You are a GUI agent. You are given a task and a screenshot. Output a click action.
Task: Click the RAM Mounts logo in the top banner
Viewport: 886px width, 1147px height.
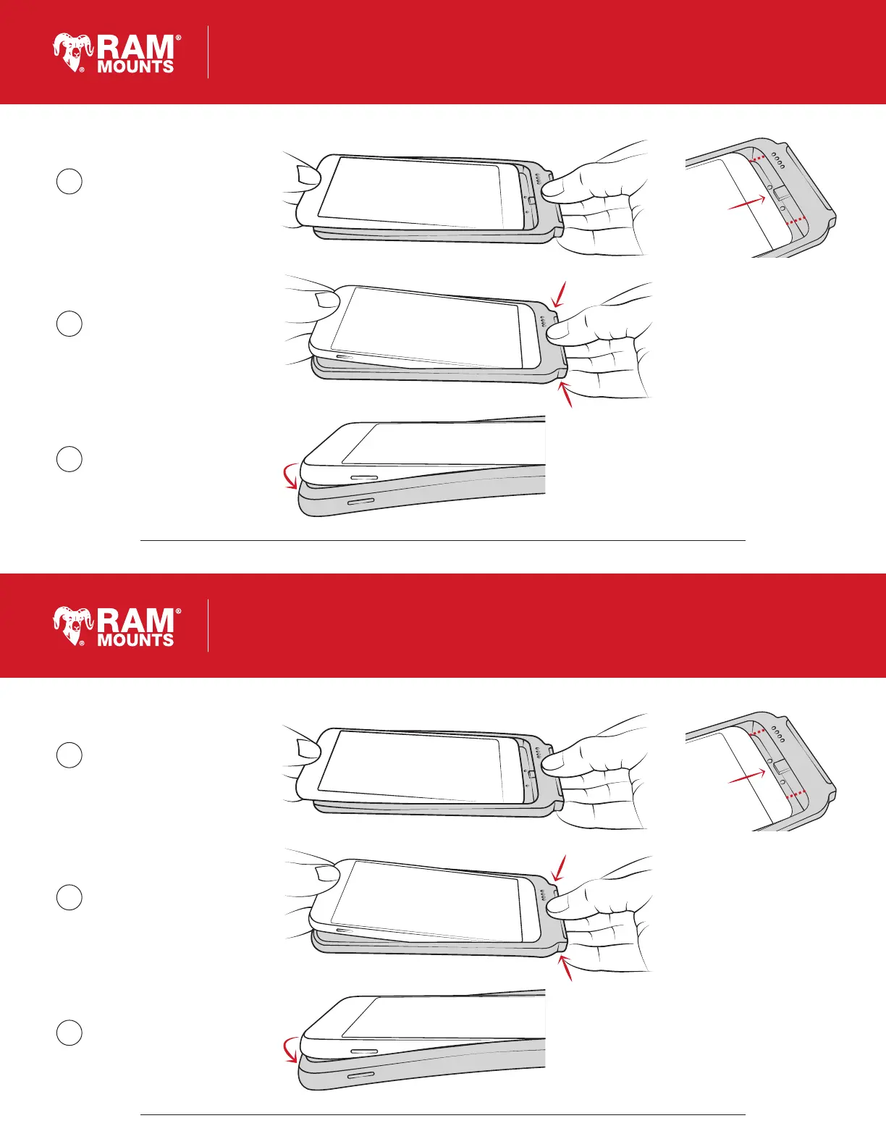point(117,53)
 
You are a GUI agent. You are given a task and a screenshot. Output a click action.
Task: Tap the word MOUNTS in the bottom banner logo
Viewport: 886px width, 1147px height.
point(135,639)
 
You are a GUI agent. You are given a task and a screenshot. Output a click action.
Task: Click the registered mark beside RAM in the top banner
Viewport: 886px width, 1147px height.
point(178,38)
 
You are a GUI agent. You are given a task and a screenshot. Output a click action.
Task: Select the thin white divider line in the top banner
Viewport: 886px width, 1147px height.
point(208,51)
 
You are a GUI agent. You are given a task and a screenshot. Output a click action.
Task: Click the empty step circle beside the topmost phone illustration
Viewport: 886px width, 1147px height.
point(69,182)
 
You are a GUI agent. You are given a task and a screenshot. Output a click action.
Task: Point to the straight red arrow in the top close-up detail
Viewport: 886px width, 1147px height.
point(747,203)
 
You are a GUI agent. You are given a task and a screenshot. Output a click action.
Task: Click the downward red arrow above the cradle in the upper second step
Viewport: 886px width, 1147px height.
point(559,294)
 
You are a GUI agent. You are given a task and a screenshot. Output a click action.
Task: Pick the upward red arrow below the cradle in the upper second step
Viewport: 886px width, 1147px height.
point(565,394)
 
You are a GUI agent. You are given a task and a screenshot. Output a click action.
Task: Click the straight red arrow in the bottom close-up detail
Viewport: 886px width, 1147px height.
point(747,776)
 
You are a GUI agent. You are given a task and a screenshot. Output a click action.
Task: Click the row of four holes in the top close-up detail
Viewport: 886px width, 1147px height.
point(777,161)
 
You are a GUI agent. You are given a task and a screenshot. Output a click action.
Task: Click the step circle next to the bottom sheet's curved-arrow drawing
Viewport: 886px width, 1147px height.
point(69,1033)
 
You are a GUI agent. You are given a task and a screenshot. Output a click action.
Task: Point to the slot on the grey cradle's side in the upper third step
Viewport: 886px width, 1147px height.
point(361,500)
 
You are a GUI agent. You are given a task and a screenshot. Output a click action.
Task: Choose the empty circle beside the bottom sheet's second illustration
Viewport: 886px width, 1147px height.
point(69,897)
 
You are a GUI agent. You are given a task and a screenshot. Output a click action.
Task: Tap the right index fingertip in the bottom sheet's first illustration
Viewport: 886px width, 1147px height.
point(552,760)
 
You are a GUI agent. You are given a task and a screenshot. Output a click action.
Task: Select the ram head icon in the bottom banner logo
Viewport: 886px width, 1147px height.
point(73,626)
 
